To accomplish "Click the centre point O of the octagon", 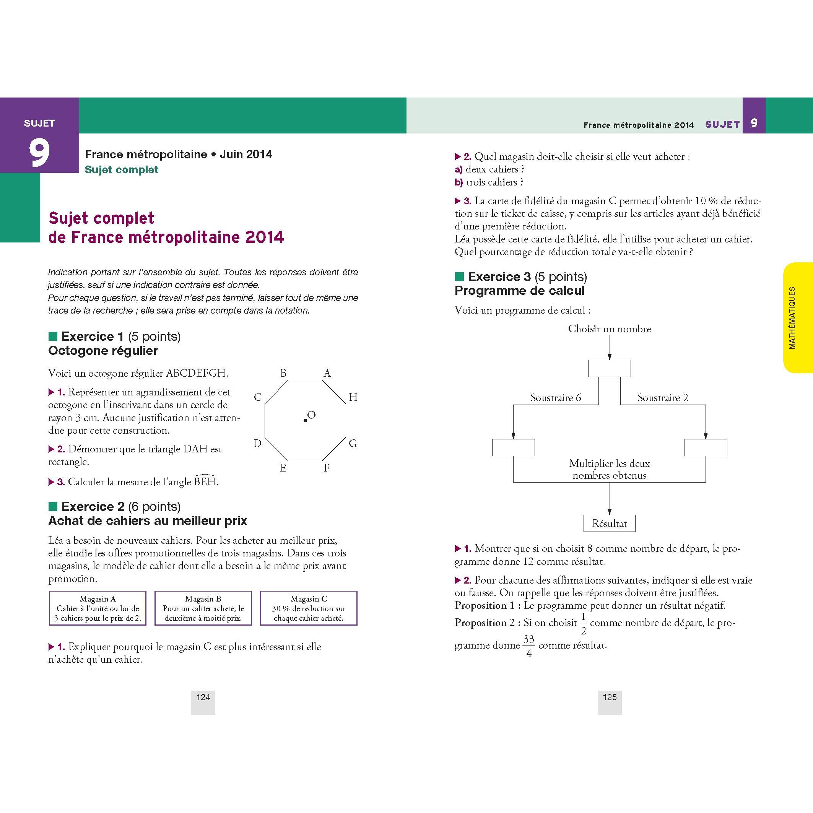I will (x=305, y=420).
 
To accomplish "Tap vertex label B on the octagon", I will (x=283, y=373).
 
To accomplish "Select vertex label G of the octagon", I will (x=353, y=443).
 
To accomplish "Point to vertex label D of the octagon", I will (x=257, y=443).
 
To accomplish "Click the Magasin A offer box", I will (x=98, y=608).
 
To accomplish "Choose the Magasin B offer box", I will (x=203, y=608).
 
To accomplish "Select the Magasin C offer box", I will (x=309, y=608).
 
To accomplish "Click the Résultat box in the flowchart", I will (x=609, y=524).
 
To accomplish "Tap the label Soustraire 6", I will (x=556, y=398).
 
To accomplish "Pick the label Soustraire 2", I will (x=663, y=398).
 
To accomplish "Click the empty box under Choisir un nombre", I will (x=609, y=368).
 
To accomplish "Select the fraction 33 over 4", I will (x=528, y=646).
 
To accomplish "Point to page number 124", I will (x=203, y=697).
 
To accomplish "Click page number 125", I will (x=609, y=697).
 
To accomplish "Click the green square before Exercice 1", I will (x=53, y=336).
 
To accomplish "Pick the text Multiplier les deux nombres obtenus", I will (x=609, y=469).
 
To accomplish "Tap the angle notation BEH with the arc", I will (x=205, y=481).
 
